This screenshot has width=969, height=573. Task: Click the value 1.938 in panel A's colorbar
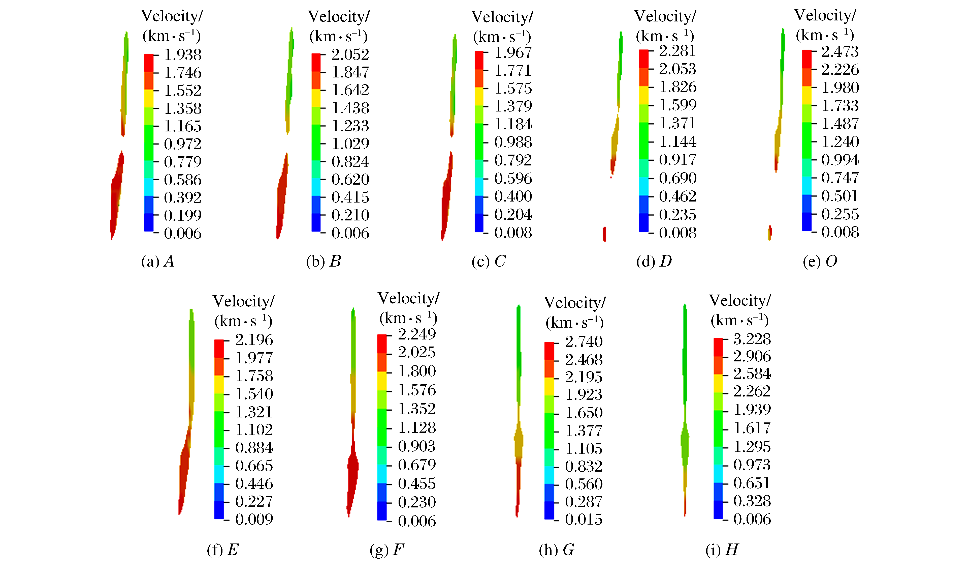tap(182, 55)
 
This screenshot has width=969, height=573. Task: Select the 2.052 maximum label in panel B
tap(350, 54)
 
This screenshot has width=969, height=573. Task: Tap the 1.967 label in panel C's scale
tap(513, 52)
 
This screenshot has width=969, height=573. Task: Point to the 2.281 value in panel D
tap(677, 51)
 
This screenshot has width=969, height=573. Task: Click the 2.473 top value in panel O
tap(840, 51)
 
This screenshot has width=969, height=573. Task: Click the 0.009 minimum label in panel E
tap(254, 519)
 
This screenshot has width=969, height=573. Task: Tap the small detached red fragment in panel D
tap(604, 234)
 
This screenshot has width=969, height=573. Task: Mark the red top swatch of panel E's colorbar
tap(219, 348)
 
